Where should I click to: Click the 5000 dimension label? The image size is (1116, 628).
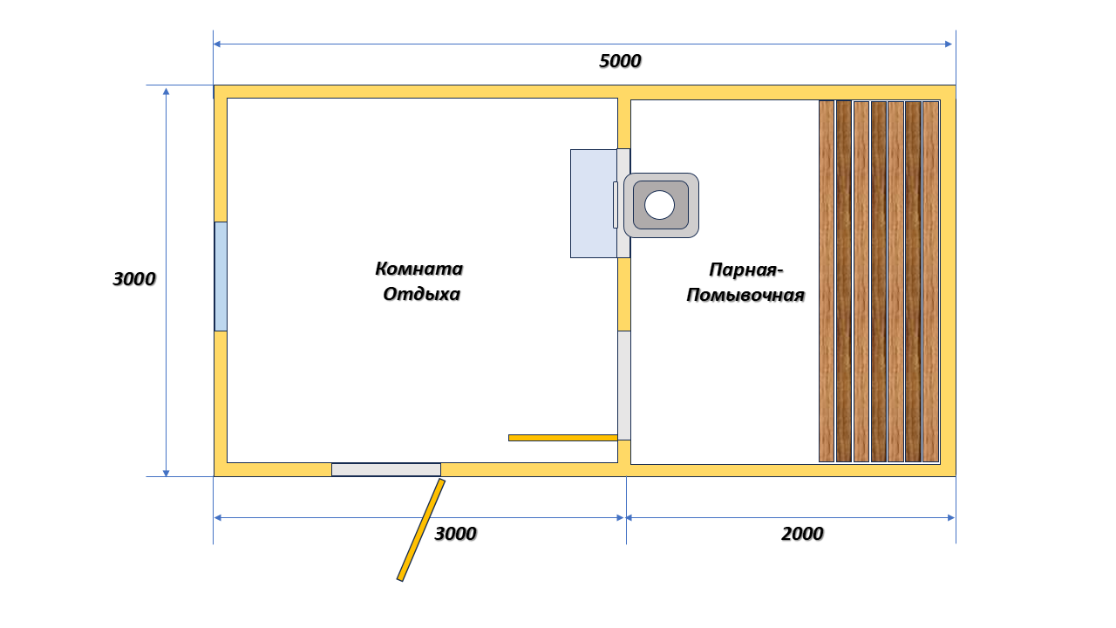(620, 61)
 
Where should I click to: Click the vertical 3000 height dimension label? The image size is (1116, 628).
(134, 279)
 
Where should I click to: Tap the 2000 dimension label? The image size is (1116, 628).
(802, 535)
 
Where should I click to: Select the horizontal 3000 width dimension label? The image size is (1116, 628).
(455, 535)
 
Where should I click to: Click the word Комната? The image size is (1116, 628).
(419, 270)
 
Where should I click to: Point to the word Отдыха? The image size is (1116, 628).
(421, 295)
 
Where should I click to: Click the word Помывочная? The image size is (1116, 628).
(745, 296)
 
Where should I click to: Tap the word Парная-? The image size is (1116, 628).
(745, 270)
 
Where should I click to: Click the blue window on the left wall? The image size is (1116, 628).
(221, 276)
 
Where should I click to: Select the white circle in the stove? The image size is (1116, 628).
(659, 205)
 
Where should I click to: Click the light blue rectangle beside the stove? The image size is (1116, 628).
(594, 204)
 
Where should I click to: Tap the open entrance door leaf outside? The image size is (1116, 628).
(421, 529)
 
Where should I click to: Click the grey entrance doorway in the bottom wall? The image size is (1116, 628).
(386, 469)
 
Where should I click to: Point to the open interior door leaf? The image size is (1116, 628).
(563, 438)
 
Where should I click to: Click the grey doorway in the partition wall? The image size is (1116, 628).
(624, 386)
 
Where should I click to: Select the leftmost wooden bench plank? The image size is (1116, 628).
(827, 282)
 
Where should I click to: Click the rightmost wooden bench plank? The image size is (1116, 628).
(930, 282)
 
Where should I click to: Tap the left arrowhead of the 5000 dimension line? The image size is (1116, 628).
(217, 44)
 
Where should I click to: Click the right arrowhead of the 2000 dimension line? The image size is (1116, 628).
(950, 518)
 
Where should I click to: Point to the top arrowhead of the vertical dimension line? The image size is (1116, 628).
(167, 92)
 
